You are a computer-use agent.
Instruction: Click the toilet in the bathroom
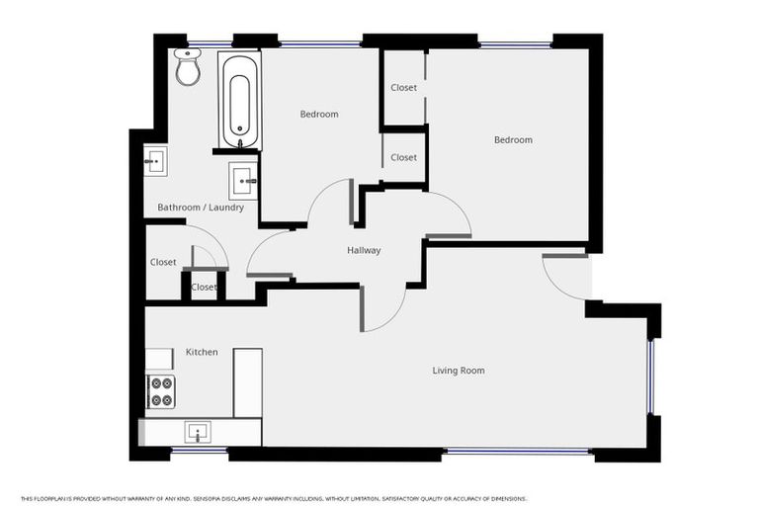[187, 66]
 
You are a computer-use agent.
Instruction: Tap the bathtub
[239, 100]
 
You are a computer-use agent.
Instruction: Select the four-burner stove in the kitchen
[160, 391]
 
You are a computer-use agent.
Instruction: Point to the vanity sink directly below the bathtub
[244, 181]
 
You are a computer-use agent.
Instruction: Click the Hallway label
[364, 251]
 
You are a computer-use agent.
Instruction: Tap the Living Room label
[459, 371]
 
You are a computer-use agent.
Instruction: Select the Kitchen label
[202, 352]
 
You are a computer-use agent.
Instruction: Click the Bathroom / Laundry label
[201, 208]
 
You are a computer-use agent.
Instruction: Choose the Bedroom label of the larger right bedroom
[513, 140]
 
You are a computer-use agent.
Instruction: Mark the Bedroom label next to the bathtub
[319, 115]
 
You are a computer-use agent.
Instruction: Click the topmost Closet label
[403, 88]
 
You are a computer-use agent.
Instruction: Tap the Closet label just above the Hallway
[403, 158]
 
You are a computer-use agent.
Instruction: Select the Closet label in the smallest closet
[204, 288]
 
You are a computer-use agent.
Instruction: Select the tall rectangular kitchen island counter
[247, 382]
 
